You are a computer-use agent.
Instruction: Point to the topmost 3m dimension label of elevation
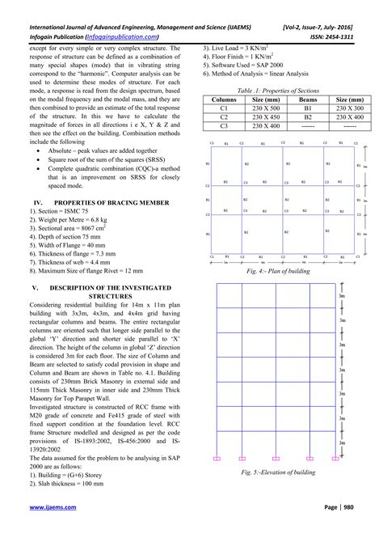point(343,299)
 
